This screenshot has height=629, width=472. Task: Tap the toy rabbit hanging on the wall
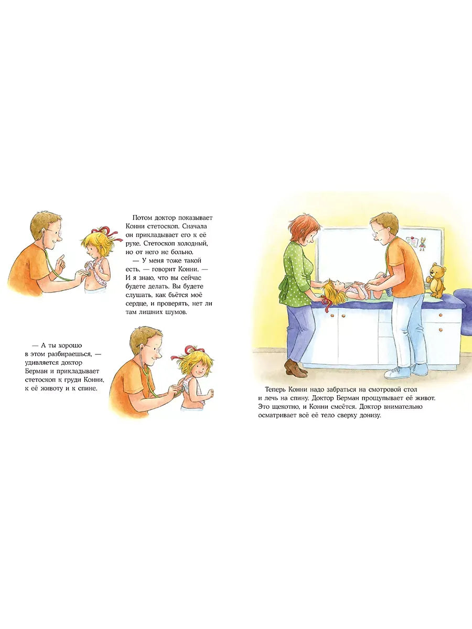coord(422,244)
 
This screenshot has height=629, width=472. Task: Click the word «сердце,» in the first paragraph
coord(136,303)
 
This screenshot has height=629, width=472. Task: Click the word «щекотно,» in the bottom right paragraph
coord(286,407)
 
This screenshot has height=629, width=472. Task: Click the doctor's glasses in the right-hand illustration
coord(376,233)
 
